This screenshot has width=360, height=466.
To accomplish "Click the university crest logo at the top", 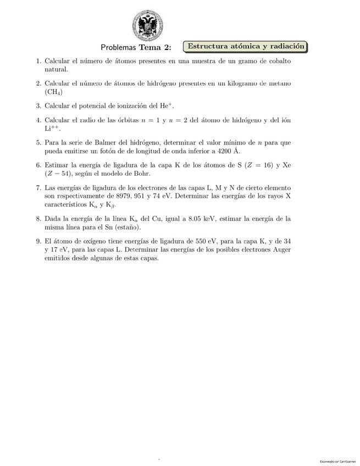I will coord(147,26).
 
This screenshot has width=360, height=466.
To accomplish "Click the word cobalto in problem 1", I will coord(277,61).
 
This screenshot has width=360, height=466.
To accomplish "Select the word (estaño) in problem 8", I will coord(125,228).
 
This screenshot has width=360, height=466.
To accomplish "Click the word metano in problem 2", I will coord(278,84).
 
